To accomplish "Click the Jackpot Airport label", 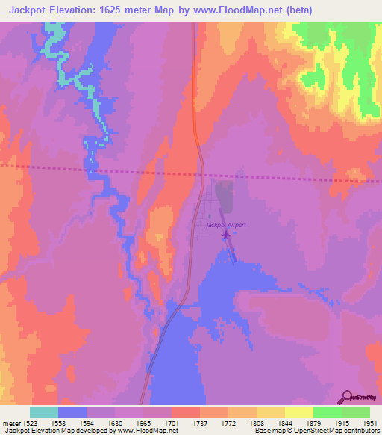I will (226, 224).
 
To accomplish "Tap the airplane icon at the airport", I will (226, 236).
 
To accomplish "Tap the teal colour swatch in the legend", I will (44, 412).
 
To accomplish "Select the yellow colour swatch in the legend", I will (298, 412).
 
